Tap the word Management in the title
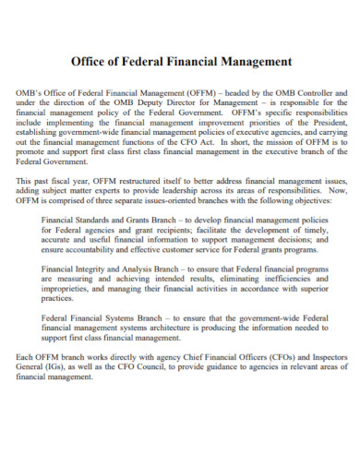coord(255,63)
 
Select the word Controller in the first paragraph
coord(324,94)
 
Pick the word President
coord(326,124)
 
